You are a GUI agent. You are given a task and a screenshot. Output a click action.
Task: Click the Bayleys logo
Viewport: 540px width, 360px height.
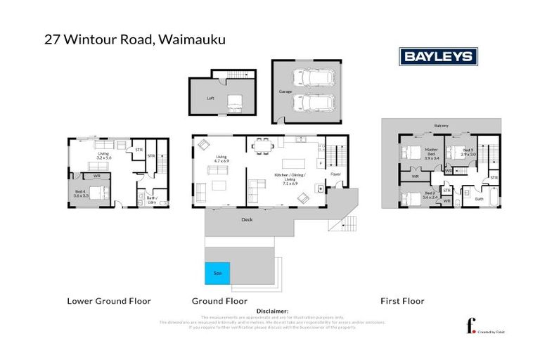point(438,56)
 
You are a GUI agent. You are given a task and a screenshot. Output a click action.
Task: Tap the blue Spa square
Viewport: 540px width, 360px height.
point(215,273)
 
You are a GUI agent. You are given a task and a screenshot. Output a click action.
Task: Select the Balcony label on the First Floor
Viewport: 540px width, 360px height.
point(442,127)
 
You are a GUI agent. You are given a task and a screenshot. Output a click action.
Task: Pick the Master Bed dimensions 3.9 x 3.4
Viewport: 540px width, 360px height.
point(431,158)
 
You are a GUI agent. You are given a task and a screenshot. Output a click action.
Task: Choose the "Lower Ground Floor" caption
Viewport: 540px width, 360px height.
point(109,301)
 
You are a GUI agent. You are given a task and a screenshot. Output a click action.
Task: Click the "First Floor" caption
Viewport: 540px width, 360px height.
point(402,301)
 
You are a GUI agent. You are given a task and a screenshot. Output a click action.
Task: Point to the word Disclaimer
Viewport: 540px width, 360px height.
point(273,311)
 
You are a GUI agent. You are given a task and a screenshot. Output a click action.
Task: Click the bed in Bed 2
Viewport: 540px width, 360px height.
point(412,199)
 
